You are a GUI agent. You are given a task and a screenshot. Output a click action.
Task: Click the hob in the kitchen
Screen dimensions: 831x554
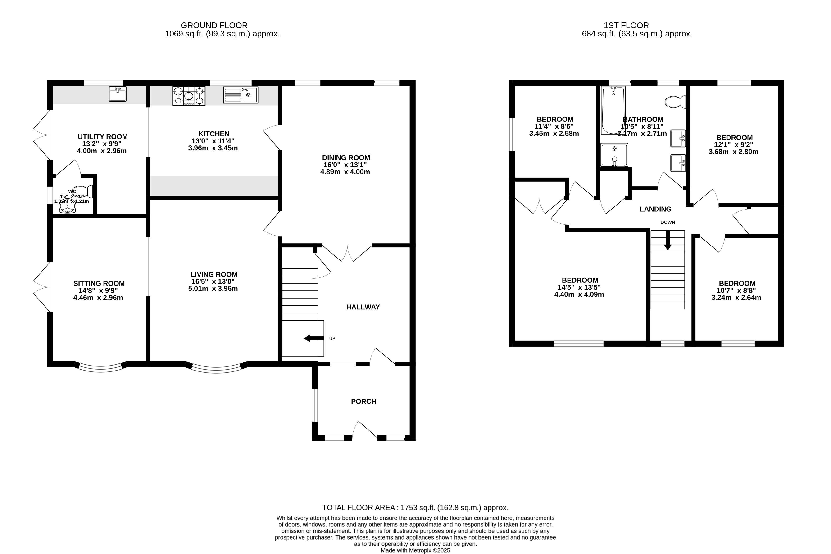(189, 96)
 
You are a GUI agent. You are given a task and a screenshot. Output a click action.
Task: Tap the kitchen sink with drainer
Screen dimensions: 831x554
(241, 95)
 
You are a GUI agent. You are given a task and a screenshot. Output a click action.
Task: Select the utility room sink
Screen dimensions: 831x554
(117, 94)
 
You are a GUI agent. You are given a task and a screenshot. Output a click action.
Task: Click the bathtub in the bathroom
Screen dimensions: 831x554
(613, 110)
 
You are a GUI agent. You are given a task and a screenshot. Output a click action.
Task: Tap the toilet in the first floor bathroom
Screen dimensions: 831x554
(675, 102)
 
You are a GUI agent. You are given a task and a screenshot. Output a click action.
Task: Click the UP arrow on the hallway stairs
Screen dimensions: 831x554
(314, 339)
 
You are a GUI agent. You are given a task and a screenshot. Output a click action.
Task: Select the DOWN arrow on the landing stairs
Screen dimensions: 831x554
(668, 241)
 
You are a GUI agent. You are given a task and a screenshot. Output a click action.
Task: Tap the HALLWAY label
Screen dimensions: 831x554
(363, 307)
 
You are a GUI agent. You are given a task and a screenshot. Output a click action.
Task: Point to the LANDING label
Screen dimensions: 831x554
(655, 209)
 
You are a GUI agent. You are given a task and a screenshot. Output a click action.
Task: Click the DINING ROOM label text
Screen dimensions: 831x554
(346, 158)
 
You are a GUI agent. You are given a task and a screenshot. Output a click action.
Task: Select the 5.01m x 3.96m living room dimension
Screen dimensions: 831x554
(213, 289)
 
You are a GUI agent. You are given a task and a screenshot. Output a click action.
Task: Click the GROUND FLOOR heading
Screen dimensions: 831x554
(214, 25)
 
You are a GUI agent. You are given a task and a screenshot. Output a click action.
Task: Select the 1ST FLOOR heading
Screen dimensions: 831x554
(626, 25)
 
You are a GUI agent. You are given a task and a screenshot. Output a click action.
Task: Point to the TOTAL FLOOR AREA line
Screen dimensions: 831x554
(415, 508)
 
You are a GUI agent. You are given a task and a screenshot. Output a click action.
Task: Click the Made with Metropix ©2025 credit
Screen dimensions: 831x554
(415, 550)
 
